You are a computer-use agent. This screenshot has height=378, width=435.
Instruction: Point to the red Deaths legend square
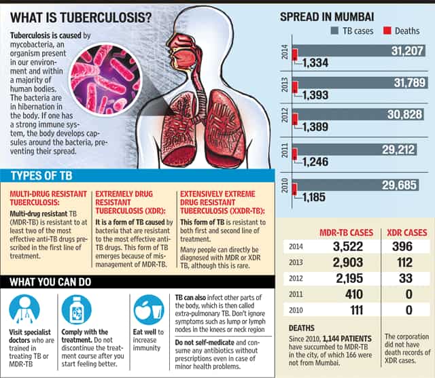[388, 31]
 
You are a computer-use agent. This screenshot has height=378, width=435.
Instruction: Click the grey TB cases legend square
[334, 31]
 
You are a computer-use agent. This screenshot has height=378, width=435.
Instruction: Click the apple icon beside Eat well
[148, 309]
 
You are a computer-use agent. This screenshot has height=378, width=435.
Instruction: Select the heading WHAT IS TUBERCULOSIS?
[82, 14]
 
